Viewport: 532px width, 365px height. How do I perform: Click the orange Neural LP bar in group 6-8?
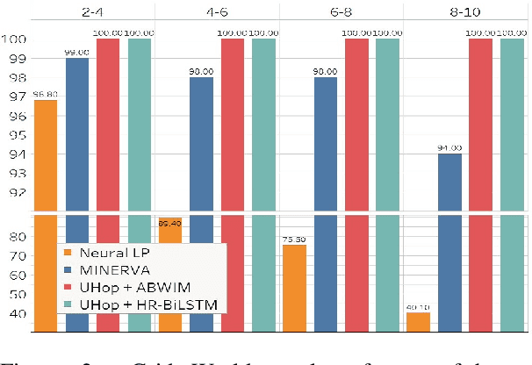tap(294, 289)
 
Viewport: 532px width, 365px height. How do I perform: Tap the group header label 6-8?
tap(341, 12)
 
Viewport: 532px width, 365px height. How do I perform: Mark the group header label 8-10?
tap(466, 12)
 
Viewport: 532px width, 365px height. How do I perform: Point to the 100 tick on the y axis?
tap(15, 39)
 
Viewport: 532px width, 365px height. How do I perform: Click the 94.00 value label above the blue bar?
tap(450, 147)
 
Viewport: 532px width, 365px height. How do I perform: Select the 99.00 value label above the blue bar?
tap(77, 53)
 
